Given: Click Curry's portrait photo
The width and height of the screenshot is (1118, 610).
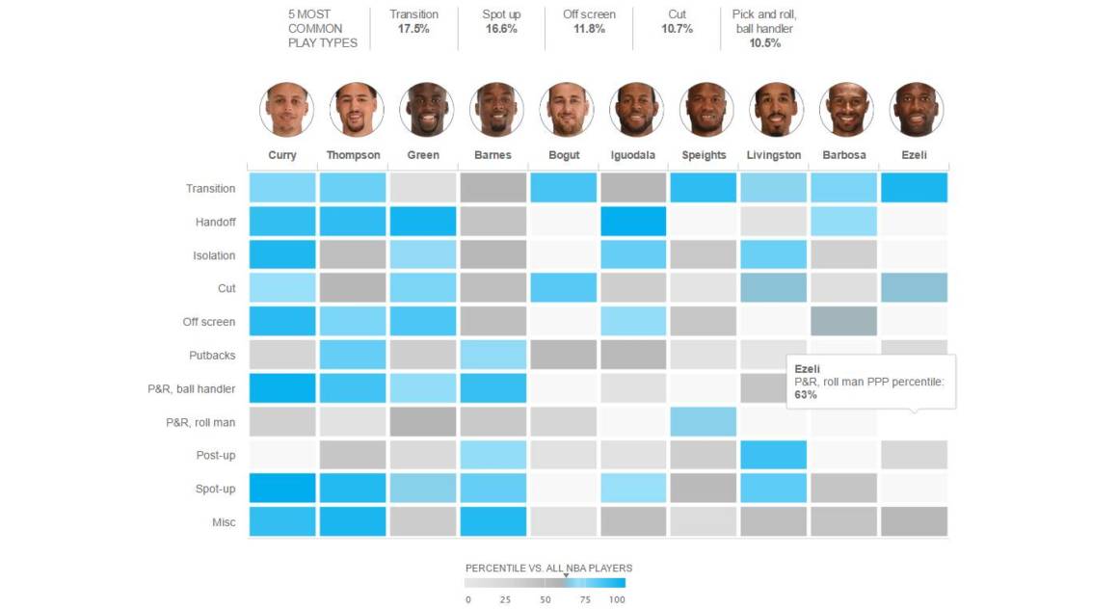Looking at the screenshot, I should tap(286, 109).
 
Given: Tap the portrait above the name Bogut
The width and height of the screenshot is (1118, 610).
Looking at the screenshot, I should tap(565, 109).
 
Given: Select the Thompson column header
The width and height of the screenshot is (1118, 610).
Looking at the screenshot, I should tap(353, 155).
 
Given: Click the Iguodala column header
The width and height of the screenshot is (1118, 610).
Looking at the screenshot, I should tap(633, 155).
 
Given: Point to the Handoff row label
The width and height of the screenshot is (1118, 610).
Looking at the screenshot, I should tap(215, 222).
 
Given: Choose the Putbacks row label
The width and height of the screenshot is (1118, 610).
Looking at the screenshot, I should tap(211, 356).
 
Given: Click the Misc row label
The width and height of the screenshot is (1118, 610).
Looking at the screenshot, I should tap(223, 522).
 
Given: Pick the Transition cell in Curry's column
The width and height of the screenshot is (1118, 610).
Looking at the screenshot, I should tap(282, 188).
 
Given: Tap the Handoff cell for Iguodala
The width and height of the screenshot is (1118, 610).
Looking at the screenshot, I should tap(632, 222).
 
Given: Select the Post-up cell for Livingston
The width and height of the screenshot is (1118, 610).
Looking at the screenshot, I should tap(773, 455).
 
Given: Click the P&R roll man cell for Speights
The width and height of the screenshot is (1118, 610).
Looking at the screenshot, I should tap(703, 421).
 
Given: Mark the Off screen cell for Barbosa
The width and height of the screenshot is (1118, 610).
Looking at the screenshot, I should tap(843, 321).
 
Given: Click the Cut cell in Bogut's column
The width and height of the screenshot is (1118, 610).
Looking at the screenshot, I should tap(563, 288).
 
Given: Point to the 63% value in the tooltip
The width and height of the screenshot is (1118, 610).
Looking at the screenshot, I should tap(805, 395).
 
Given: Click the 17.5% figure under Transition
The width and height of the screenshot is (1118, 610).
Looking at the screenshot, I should tap(413, 30).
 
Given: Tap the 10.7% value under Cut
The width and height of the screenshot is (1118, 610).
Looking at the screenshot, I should tap(677, 30).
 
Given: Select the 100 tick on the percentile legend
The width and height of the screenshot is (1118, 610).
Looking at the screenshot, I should tap(617, 599).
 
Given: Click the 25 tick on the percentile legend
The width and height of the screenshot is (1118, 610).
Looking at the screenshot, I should tap(505, 599).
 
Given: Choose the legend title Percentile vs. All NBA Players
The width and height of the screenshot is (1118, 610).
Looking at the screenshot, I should tap(548, 568).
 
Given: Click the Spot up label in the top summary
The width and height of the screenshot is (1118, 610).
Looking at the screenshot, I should tap(500, 14).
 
